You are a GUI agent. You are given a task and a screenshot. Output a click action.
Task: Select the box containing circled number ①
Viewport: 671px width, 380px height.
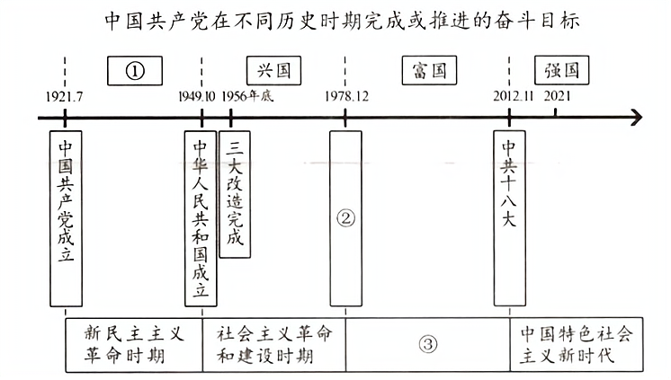coord(135,70)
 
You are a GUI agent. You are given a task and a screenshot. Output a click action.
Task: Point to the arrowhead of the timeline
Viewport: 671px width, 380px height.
coord(636,117)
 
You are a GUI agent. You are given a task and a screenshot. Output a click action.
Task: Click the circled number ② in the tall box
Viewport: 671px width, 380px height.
coord(346,217)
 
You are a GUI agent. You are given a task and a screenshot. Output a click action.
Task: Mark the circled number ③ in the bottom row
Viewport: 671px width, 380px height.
coord(428,343)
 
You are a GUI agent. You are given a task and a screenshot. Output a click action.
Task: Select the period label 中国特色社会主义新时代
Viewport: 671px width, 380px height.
coord(577,343)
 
